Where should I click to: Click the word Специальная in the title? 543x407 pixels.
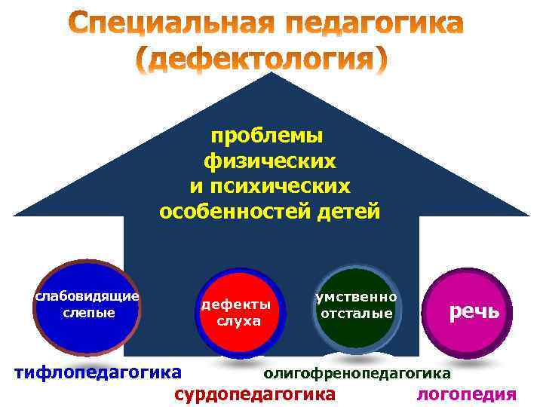174,26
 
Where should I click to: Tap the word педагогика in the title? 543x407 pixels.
373,26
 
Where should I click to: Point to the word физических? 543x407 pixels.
270,161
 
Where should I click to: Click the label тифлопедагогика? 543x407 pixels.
99,371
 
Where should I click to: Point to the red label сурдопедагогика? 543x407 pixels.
255,394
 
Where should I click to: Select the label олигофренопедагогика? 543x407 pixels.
357,372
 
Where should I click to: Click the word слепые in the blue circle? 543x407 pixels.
87,311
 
